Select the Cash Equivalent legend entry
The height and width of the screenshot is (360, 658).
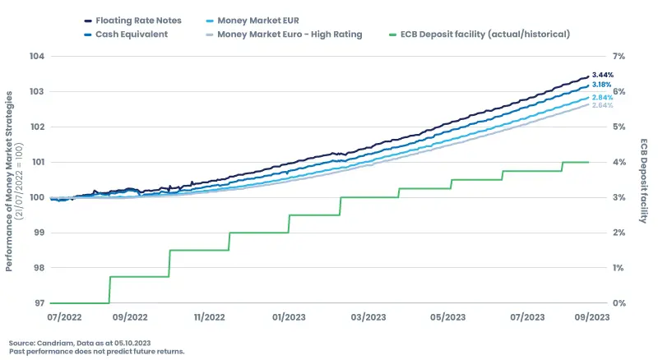coord(132,35)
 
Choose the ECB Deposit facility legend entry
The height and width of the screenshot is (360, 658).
coord(486,35)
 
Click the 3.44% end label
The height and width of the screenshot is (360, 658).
coord(603,75)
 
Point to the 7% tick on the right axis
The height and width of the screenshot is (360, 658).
coord(619,57)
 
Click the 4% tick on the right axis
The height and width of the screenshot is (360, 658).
coord(619,163)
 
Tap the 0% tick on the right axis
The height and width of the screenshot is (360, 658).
coord(619,303)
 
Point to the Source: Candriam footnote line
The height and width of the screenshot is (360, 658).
coord(80,342)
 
